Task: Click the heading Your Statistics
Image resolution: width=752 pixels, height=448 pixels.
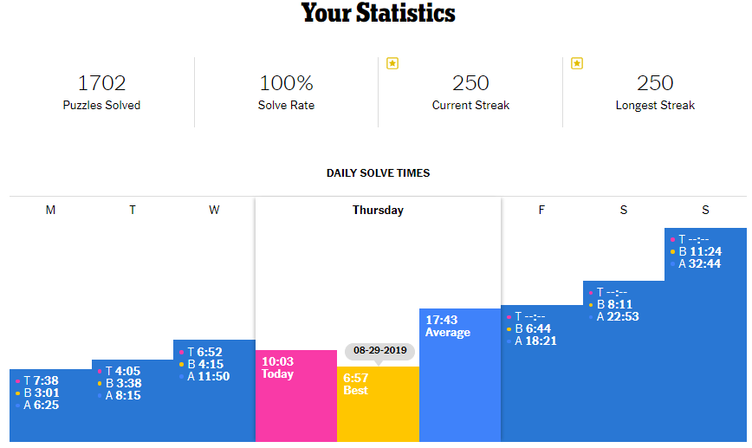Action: [378, 14]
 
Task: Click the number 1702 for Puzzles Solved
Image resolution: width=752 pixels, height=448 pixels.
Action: [101, 83]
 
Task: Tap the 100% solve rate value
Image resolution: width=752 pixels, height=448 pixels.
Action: [286, 83]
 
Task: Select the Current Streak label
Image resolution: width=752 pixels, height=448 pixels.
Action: [470, 106]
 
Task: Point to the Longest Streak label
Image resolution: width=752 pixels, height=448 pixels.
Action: [655, 106]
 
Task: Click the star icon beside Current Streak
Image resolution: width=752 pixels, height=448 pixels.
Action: [392, 63]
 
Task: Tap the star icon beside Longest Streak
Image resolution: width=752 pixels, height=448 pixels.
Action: [577, 63]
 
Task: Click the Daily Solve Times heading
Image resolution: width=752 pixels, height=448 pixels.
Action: [378, 173]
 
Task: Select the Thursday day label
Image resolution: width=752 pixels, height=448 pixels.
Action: [378, 210]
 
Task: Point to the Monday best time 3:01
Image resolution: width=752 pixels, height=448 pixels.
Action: [46, 393]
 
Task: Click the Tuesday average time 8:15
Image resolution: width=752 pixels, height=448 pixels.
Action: [128, 396]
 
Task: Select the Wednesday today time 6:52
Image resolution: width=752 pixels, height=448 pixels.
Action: [211, 353]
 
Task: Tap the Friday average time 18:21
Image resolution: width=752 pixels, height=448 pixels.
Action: [541, 341]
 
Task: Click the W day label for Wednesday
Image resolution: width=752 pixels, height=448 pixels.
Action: [214, 211]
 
